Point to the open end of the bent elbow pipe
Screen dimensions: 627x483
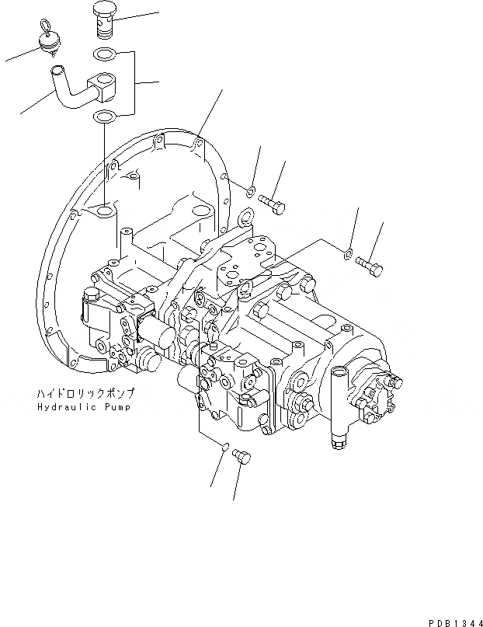click(57, 75)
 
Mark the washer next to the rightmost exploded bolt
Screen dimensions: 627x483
click(349, 250)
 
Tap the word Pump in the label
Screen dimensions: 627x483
click(116, 406)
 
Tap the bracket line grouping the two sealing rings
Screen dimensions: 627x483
click(137, 82)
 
